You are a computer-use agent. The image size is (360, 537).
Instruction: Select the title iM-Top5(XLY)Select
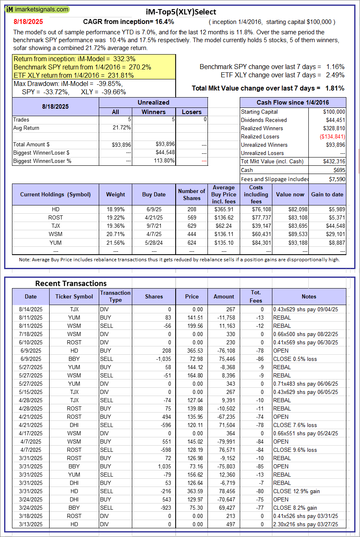tap(181, 12)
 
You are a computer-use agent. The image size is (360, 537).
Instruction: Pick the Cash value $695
tap(339, 170)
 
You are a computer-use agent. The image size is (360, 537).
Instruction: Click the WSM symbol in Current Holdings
tap(55, 234)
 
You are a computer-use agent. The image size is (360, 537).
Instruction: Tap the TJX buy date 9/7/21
tap(154, 226)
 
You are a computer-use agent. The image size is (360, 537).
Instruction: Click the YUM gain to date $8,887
tap(336, 242)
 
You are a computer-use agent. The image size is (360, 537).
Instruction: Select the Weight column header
tap(115, 194)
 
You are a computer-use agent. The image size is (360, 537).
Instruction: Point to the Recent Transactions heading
tap(71, 283)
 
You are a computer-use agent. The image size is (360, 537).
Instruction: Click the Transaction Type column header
tap(115, 296)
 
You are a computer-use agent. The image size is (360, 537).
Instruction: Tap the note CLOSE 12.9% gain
tap(297, 491)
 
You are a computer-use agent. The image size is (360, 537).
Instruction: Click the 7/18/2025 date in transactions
tap(31, 334)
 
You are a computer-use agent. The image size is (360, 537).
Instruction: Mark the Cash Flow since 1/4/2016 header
tap(293, 103)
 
